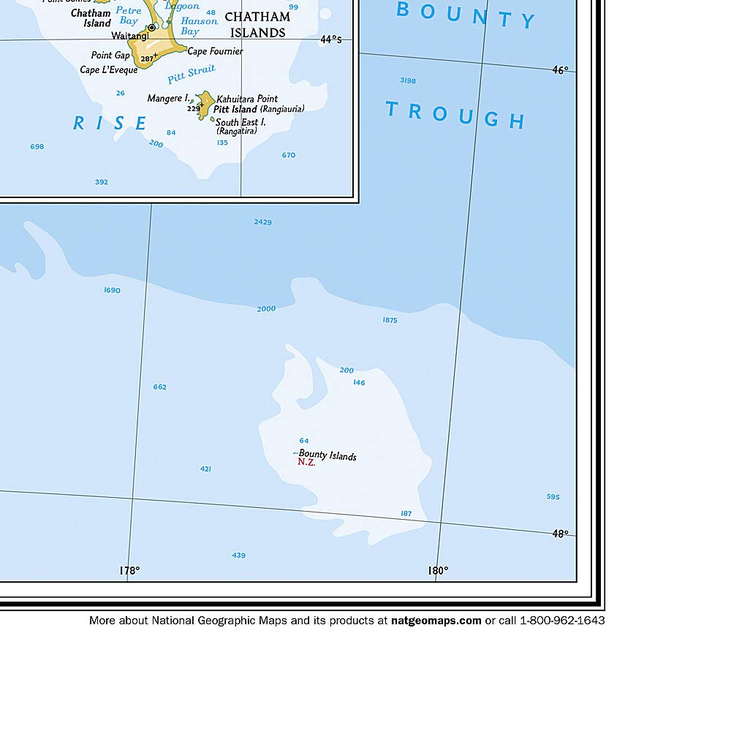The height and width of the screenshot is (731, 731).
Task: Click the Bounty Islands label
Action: [327, 455]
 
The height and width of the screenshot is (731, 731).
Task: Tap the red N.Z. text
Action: [306, 463]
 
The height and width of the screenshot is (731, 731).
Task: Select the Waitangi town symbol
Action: [151, 28]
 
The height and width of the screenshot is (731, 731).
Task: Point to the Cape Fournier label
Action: [215, 51]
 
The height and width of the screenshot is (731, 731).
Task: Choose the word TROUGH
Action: [455, 115]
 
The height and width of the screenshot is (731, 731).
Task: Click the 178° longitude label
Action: [129, 570]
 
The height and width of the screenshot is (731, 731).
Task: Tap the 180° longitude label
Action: [438, 570]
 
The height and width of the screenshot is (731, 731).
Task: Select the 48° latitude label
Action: [560, 534]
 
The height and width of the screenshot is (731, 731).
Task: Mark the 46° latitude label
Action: [560, 70]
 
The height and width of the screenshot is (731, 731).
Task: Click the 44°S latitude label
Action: [330, 39]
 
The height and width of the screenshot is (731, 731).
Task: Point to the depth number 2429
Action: [263, 221]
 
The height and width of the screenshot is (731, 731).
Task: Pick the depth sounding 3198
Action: [408, 80]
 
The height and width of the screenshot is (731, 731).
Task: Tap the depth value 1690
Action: [112, 290]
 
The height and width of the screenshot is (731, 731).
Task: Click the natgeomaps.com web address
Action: [436, 621]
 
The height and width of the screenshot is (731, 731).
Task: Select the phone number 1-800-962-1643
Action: [562, 621]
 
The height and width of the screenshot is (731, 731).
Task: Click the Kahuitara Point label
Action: [247, 99]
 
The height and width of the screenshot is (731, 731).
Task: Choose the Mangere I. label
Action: [168, 98]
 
